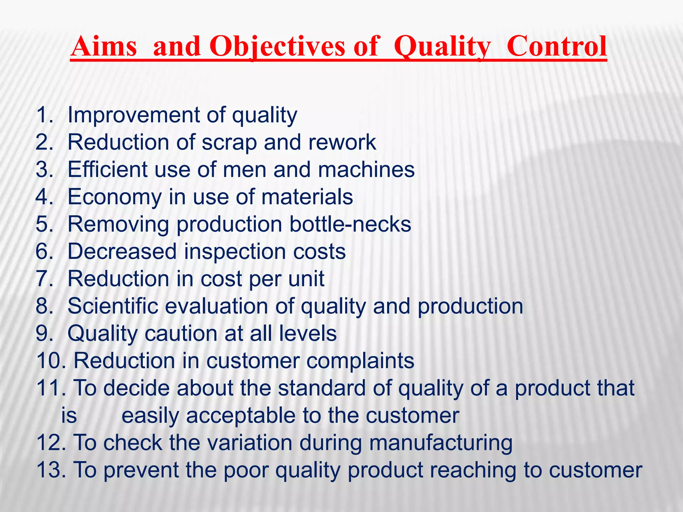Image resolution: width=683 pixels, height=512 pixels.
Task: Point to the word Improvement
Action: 133,115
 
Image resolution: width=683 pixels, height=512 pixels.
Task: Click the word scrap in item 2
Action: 229,143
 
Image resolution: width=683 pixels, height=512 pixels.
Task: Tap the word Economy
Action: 115,197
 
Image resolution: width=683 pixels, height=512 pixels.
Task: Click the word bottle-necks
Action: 350,224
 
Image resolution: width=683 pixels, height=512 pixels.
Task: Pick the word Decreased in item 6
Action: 122,251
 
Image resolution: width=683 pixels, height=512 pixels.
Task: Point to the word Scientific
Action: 113,306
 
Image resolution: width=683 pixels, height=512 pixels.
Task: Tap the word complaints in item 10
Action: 360,361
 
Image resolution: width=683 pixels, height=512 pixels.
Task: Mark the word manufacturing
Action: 441,443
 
